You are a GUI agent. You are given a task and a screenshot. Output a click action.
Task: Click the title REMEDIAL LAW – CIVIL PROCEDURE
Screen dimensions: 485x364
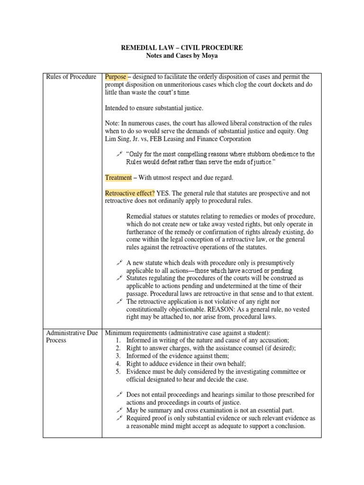pos(182,48)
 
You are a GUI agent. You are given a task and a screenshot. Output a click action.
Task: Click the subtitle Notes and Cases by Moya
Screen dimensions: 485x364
pos(182,56)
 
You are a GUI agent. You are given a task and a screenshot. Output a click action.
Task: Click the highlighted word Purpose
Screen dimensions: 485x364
pos(116,77)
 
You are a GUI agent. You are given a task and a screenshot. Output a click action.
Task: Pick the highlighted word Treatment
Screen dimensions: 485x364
pos(118,178)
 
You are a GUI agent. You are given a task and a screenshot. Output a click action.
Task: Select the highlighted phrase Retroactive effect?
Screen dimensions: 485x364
pos(129,193)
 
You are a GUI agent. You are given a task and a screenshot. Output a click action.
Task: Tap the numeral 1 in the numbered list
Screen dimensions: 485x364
pos(118,341)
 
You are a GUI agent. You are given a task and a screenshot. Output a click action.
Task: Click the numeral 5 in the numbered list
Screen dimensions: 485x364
pos(118,372)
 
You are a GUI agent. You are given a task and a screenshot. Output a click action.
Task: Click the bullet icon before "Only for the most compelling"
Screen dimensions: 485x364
pos(119,154)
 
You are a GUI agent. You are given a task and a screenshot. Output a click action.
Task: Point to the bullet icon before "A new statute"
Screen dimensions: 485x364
pos(119,262)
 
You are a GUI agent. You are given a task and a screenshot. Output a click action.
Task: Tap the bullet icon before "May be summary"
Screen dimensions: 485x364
pos(119,410)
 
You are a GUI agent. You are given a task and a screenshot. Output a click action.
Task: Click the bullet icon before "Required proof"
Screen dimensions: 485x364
pos(119,418)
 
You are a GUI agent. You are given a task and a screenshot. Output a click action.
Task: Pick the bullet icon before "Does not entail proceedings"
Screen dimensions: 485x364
pos(119,395)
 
